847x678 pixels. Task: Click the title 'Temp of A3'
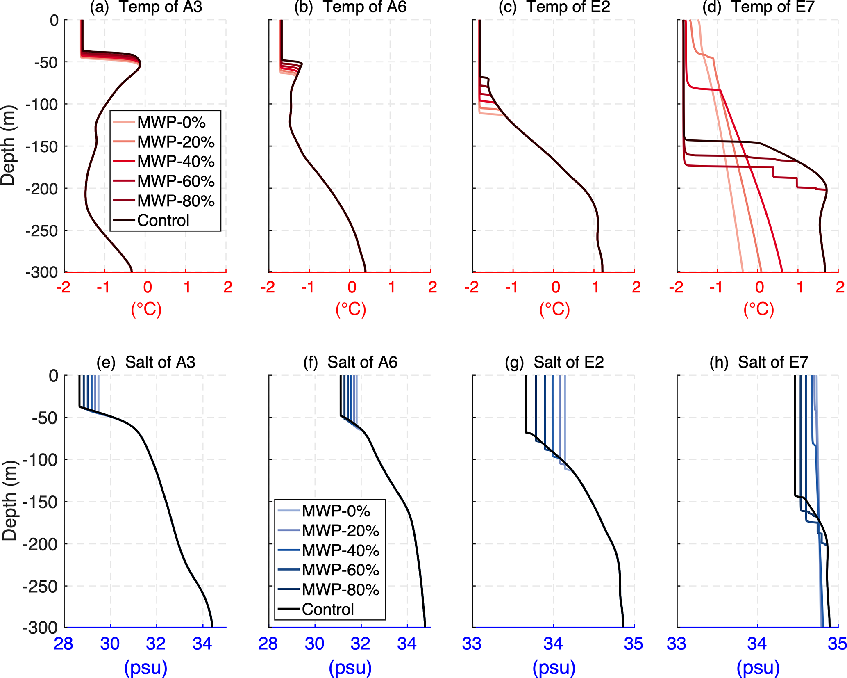pos(160,7)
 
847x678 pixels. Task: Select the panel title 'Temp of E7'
pos(773,7)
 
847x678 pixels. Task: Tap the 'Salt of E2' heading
pos(568,362)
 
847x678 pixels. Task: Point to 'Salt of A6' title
pos(362,362)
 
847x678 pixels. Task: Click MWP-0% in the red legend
pos(171,122)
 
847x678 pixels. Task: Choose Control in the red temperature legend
pos(163,221)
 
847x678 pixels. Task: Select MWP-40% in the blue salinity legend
pos(340,550)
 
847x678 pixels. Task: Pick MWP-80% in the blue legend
pos(340,590)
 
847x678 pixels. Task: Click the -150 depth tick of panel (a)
pos(42,146)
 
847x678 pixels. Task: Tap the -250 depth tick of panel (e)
pos(40,587)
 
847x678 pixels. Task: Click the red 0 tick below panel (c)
pos(555,287)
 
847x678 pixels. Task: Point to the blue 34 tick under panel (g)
pos(553,644)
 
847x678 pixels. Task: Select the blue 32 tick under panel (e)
pos(156,644)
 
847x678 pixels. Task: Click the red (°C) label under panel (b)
pos(351,309)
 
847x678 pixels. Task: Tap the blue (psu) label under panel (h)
pos(758,667)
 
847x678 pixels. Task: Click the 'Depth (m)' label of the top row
pos(8,146)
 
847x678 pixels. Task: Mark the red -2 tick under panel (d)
pos(676,287)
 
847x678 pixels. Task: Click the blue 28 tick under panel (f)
pos(268,644)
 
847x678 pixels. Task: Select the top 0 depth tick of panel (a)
pos(54,21)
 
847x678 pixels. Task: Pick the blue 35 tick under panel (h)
pos(838,644)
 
